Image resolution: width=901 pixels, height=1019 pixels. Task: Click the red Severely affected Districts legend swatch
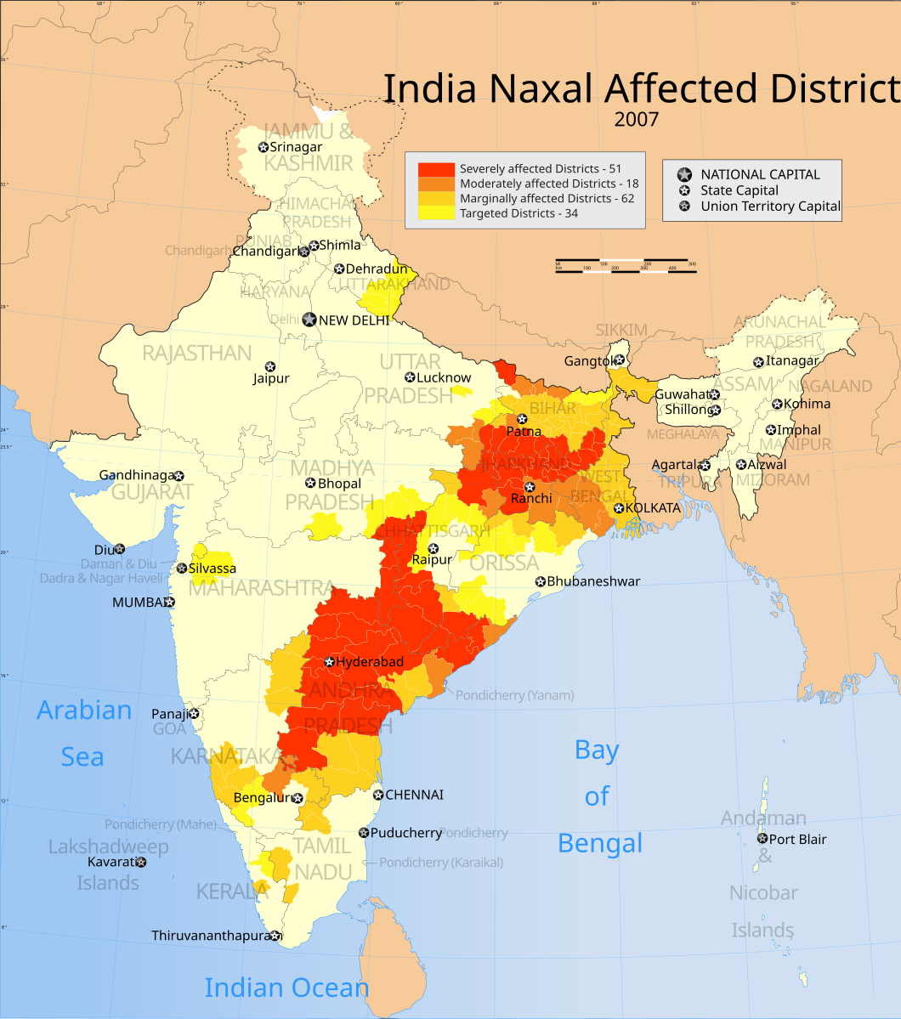coord(436,168)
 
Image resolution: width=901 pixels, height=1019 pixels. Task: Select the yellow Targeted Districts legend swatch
coord(436,213)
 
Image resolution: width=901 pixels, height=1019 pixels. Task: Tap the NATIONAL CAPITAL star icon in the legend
coord(684,174)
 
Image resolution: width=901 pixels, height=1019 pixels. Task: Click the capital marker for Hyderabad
coord(330,662)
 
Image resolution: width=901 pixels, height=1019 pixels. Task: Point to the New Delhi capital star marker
coord(309,320)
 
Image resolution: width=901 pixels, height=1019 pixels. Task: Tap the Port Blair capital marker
coord(762,838)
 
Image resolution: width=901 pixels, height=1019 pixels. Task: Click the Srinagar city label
coord(296,147)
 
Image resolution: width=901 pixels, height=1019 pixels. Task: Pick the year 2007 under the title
coord(636,119)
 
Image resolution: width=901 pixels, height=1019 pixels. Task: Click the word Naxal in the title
coord(545,88)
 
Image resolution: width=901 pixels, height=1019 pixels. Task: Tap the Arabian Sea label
coord(83,733)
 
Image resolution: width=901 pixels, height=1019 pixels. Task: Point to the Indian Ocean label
coord(286,988)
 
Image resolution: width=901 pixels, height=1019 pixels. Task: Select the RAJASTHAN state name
coord(196,353)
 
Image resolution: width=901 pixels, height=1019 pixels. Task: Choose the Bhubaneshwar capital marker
coord(540,581)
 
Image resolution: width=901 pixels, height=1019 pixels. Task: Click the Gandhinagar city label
coord(136,475)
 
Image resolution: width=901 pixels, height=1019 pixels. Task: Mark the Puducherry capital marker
coord(364,833)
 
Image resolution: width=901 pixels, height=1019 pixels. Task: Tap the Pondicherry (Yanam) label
coord(514,695)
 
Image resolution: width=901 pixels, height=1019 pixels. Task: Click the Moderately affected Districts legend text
coord(548,184)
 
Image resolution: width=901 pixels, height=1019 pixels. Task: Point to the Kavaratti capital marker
coord(141,862)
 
